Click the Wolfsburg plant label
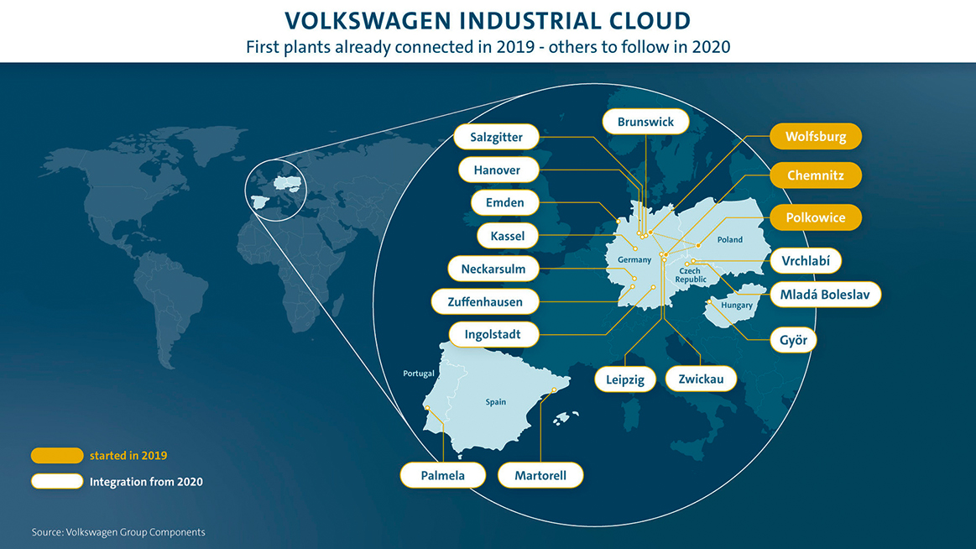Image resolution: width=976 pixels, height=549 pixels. coord(816,136)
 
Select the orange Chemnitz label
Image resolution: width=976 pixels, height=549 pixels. coord(816,175)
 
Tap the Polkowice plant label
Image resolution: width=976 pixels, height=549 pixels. coord(816,218)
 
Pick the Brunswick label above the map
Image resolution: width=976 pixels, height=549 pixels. coord(645,122)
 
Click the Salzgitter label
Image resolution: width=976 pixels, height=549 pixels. coord(496,137)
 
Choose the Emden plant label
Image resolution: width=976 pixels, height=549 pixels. coord(505,202)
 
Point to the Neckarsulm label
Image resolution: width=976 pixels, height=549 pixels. coord(493,269)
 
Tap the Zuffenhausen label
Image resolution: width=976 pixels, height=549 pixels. coord(485,302)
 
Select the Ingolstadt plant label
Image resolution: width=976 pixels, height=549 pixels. coord(493,334)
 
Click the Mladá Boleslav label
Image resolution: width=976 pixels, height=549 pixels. coord(825,295)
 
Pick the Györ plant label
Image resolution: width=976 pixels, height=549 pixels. coord(793,340)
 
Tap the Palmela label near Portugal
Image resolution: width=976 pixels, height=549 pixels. coord(442,476)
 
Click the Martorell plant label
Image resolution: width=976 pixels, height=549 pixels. coord(540,476)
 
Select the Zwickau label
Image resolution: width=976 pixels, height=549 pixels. coord(701,379)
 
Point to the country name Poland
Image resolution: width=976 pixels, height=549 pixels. coord(729,239)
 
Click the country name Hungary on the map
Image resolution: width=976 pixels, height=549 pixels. coord(737,306)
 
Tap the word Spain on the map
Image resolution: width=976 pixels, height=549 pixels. coord(495,402)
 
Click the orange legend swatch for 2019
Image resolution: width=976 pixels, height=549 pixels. coord(57,456)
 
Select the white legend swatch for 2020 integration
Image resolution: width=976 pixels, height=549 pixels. coord(57,481)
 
